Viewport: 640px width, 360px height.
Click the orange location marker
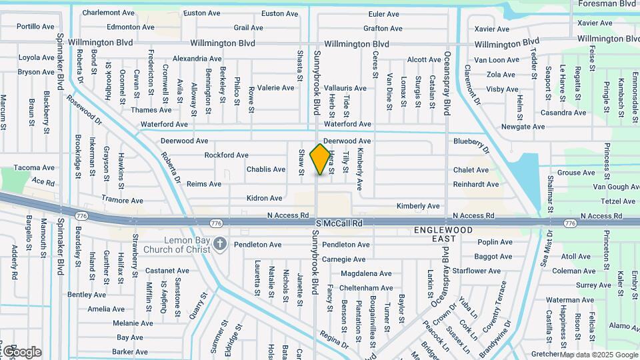click(321, 159)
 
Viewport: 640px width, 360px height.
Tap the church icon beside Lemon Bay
click(221, 245)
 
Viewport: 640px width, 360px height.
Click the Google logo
click(21, 352)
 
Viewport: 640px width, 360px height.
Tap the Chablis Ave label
click(266, 169)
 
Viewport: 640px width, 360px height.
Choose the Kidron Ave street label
click(265, 198)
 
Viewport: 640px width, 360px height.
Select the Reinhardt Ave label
click(476, 185)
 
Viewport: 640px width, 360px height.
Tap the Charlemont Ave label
click(109, 13)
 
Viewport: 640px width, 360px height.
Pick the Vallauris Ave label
click(345, 88)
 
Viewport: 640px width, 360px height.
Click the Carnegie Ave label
click(345, 259)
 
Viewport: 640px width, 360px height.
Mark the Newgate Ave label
click(523, 127)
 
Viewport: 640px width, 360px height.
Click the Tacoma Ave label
click(34, 168)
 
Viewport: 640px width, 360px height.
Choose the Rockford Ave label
click(227, 155)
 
